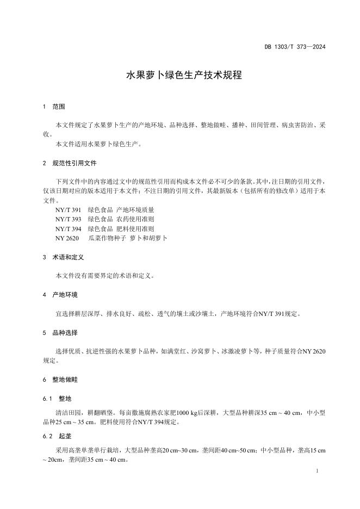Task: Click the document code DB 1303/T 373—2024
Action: coord(295,47)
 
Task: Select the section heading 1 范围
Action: coord(54,107)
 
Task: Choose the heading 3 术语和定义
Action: coord(64,257)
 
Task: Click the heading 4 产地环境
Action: coord(60,295)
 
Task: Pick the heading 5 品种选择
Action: coord(60,332)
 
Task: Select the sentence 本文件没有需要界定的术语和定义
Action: coord(105,276)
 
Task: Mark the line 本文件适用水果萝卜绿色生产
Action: coord(98,144)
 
